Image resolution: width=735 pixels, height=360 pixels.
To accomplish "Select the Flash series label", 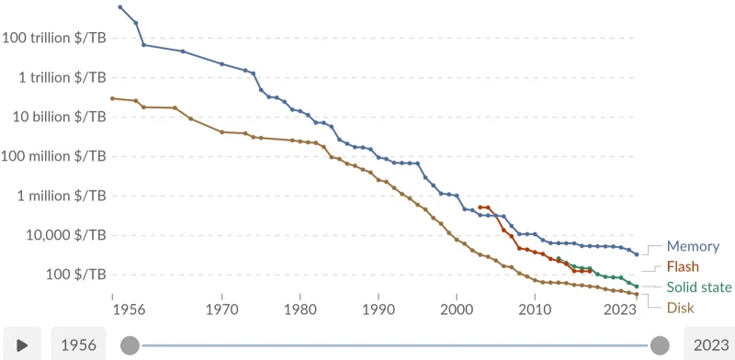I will pyautogui.click(x=682, y=267).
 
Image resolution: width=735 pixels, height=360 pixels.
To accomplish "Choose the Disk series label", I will pyautogui.click(x=680, y=308).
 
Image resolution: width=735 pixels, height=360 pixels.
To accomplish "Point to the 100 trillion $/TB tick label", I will pyautogui.click(x=54, y=38).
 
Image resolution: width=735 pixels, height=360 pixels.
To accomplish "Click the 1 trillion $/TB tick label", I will pyautogui.click(x=60, y=77).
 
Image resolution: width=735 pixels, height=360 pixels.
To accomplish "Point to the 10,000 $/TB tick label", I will pyautogui.click(x=65, y=235).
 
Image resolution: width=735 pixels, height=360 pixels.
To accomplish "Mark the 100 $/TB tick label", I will pyautogui.click(x=76, y=275).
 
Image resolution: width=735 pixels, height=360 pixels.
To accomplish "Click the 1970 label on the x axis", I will pyautogui.click(x=221, y=310).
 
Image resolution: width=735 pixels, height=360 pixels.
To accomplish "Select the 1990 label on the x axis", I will pyautogui.click(x=379, y=310).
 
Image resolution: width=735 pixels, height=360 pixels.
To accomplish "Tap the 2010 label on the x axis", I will pyautogui.click(x=535, y=310).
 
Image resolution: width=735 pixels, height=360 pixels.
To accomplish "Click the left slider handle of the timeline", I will pyautogui.click(x=130, y=345).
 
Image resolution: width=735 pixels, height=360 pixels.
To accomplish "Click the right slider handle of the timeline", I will pyautogui.click(x=660, y=345).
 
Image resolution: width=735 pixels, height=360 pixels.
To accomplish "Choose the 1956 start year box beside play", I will pyautogui.click(x=78, y=345).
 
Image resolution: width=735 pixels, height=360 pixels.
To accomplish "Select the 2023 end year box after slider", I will pyautogui.click(x=711, y=345).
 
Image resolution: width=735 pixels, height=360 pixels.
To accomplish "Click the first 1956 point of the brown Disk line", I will pyautogui.click(x=112, y=98).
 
